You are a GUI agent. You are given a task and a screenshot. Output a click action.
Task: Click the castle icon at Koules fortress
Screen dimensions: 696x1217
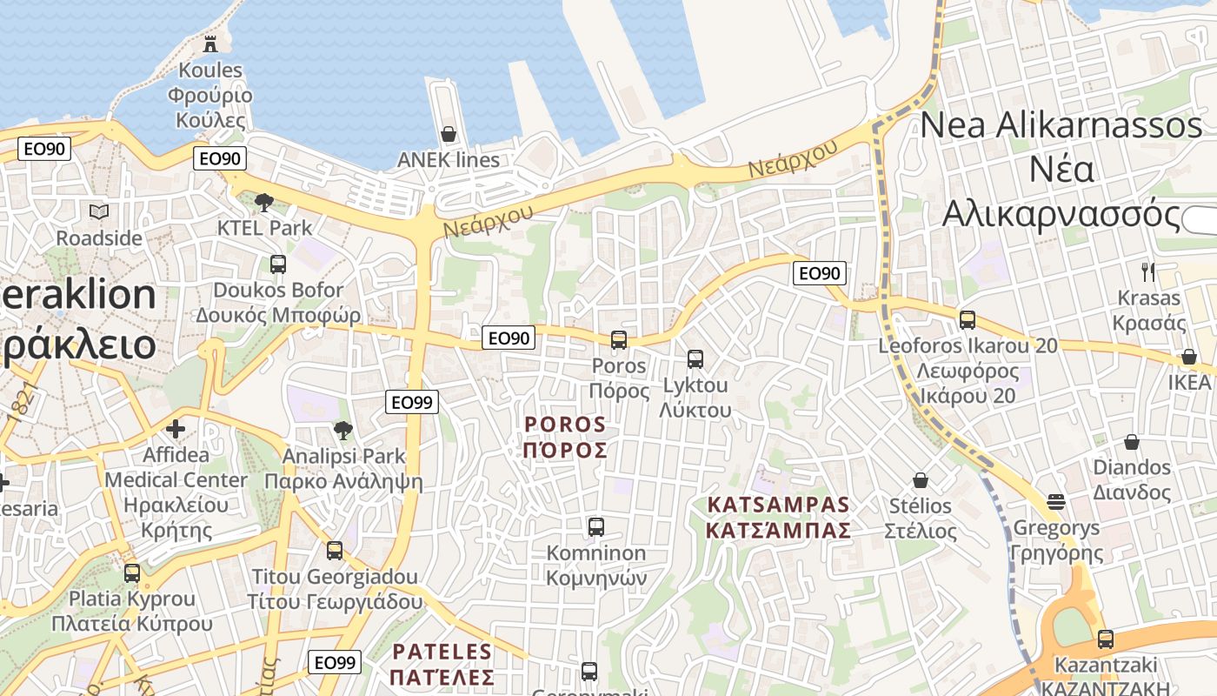(x=209, y=43)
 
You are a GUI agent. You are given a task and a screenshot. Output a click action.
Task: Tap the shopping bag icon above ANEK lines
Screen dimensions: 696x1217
(x=449, y=134)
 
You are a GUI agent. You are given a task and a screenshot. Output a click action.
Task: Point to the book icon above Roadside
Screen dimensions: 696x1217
(x=99, y=211)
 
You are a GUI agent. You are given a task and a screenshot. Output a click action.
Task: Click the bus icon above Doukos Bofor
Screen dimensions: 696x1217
(x=278, y=264)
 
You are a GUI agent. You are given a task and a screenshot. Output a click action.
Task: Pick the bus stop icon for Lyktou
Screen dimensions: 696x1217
(x=695, y=358)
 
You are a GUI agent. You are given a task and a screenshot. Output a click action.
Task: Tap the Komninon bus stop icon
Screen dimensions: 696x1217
(x=595, y=526)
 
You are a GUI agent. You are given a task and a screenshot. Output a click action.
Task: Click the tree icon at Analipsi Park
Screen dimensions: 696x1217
(x=343, y=429)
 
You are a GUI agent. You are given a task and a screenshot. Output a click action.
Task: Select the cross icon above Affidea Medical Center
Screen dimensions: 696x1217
(x=176, y=428)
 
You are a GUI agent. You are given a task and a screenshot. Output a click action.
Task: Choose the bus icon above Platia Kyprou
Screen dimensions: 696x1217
(x=132, y=573)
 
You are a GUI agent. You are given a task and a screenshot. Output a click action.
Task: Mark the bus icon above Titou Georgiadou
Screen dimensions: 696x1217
(x=334, y=551)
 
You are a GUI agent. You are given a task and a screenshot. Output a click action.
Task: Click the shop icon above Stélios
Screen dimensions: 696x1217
(x=920, y=480)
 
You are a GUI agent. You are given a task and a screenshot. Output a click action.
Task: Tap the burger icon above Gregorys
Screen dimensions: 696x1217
(x=1056, y=501)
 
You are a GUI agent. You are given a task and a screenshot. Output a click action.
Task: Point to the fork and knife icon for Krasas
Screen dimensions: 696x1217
(x=1148, y=271)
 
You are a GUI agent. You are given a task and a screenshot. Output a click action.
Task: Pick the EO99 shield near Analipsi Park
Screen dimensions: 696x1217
(x=412, y=402)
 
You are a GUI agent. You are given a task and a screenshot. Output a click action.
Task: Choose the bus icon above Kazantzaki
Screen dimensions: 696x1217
(x=1105, y=639)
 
